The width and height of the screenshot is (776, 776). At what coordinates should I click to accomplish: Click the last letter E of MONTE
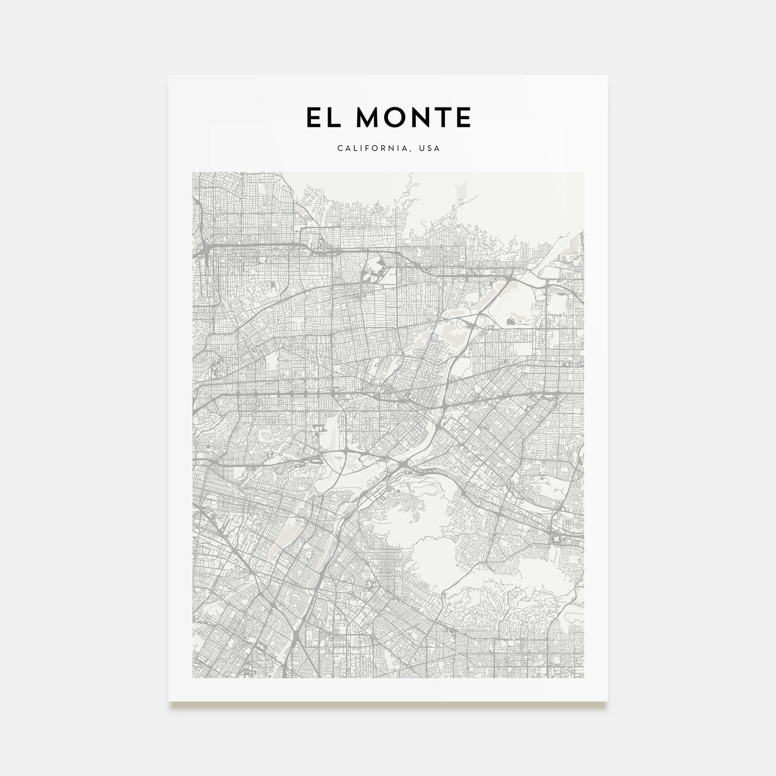point(464,118)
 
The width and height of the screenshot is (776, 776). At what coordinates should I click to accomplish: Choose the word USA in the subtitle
point(431,149)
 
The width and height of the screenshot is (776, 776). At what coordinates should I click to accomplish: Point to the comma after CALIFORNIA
point(413,151)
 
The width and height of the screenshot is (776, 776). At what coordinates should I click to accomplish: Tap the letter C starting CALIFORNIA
point(339,149)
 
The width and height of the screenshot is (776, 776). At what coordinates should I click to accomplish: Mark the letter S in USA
point(431,149)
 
